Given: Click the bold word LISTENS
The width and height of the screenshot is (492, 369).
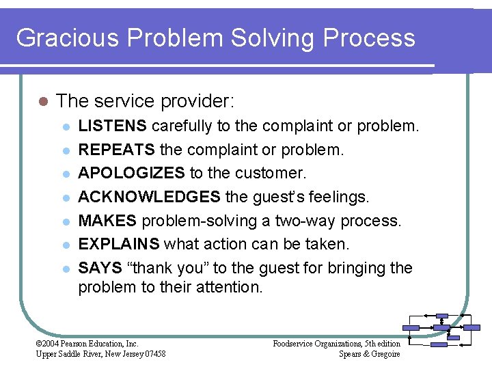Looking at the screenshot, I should click(112, 126).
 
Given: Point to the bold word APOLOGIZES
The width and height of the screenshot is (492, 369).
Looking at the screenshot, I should click(131, 174).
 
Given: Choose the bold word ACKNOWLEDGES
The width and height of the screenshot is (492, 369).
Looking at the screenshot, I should click(149, 197).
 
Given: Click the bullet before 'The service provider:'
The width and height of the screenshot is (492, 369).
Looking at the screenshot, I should click(42, 102).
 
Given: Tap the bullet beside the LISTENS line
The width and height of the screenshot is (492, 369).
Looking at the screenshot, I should click(65, 127).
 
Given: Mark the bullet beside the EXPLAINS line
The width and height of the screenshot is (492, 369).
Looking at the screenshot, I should click(65, 245).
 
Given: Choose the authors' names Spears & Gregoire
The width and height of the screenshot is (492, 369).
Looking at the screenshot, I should click(369, 353).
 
